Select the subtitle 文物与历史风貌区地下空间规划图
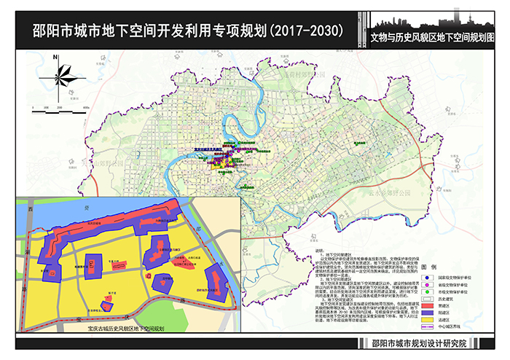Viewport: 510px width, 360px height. point(436,34)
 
